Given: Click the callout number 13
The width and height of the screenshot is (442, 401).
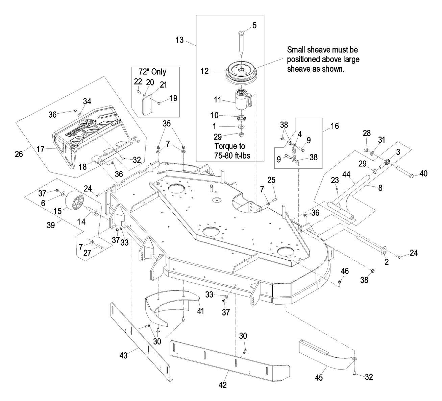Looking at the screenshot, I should point(179,40).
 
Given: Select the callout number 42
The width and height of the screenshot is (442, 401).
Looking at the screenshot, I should point(223,385).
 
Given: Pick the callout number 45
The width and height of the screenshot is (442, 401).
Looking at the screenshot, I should point(319,377).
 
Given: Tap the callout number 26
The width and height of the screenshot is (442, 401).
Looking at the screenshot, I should point(19,154).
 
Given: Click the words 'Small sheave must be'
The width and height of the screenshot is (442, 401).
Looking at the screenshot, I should point(322,50).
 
